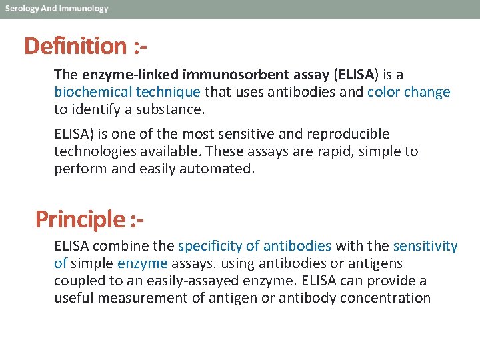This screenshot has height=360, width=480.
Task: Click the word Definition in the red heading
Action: [x=74, y=46]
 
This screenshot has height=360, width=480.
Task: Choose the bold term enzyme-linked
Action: [x=122, y=75]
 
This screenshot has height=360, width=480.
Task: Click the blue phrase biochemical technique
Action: [x=127, y=92]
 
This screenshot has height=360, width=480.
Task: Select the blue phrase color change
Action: [x=409, y=92]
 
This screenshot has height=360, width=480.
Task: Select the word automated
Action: [x=220, y=169]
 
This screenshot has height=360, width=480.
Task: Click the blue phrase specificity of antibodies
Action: [x=255, y=246]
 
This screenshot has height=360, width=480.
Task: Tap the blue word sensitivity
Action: [x=425, y=246]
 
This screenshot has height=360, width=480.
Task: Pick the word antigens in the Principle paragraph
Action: [x=378, y=263]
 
